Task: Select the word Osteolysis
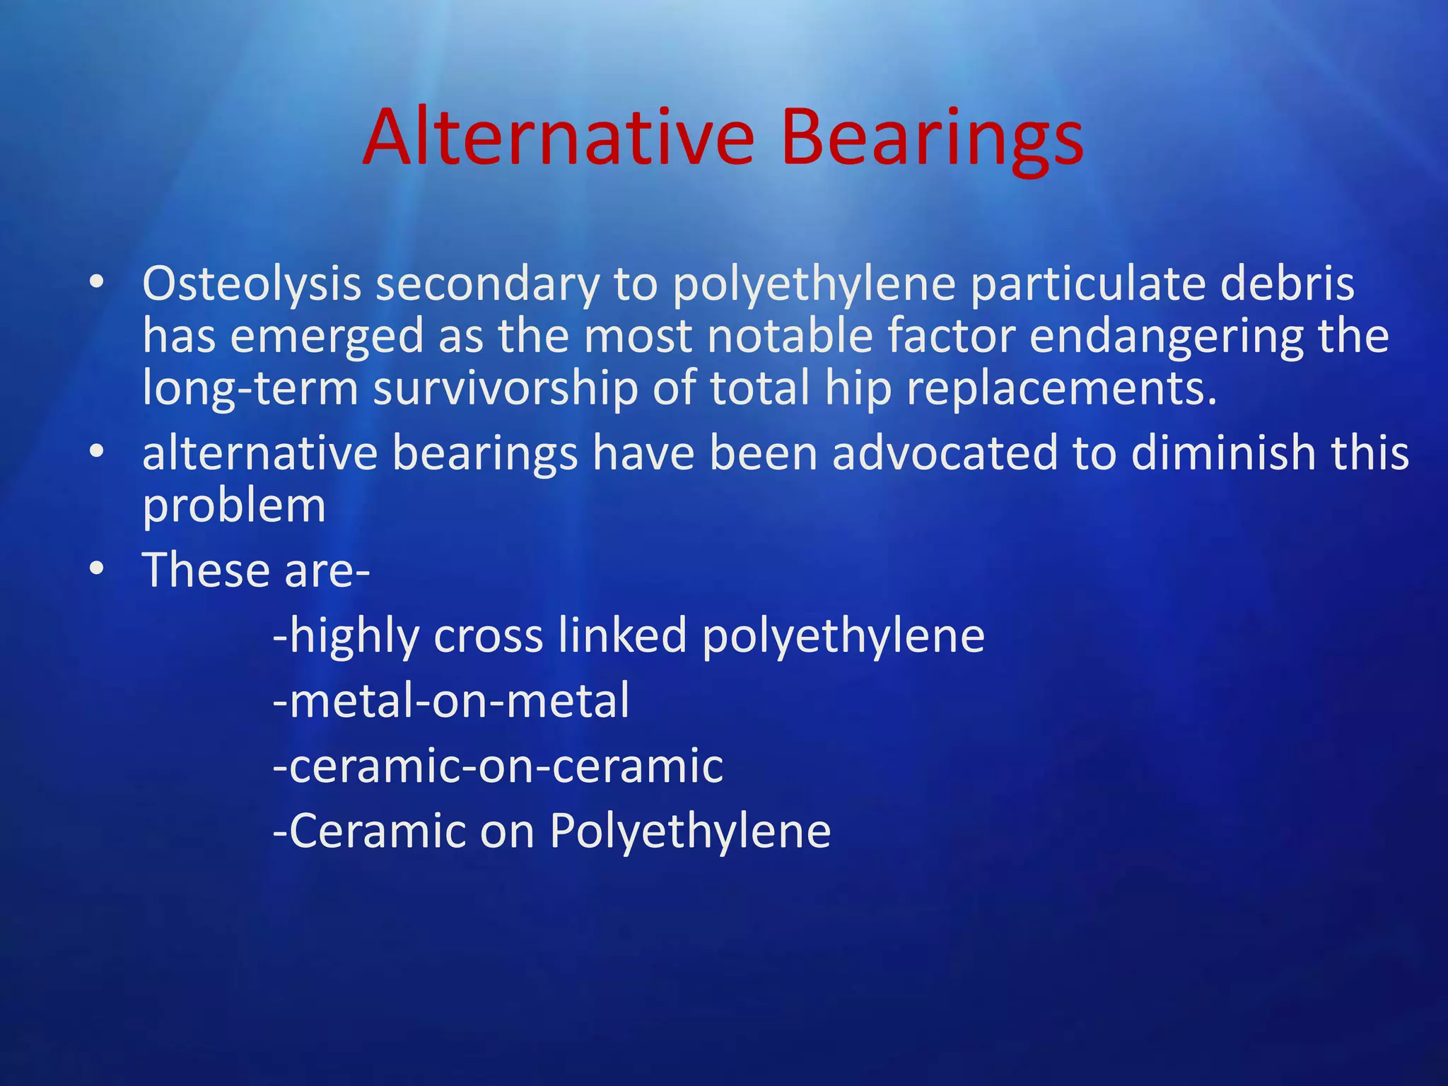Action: [x=252, y=284]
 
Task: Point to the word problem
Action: [x=234, y=506]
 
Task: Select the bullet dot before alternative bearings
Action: [x=97, y=451]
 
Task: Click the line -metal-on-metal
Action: [x=451, y=701]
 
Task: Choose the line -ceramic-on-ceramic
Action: [x=498, y=766]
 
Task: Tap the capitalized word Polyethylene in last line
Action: [x=690, y=831]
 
